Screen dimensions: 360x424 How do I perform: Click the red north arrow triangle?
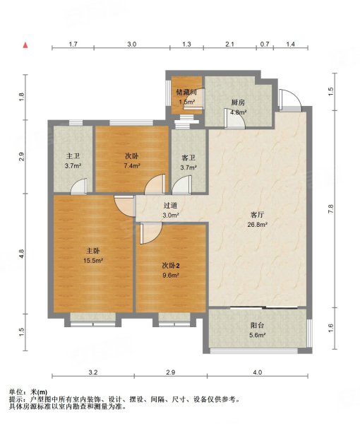[x=25, y=45]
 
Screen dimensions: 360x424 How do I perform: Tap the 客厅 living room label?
[x=257, y=215]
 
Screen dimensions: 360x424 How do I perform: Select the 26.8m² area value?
[x=258, y=224]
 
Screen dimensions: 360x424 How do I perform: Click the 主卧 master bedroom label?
[x=93, y=251]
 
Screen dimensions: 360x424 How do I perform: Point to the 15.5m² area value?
[x=93, y=261]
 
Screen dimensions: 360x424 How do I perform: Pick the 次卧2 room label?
[x=171, y=266]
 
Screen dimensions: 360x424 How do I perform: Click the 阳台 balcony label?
[x=257, y=326]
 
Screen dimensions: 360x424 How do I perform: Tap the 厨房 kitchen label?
[x=238, y=102]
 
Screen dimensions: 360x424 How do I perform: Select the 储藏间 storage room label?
[x=186, y=93]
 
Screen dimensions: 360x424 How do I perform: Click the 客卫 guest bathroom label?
[x=188, y=158]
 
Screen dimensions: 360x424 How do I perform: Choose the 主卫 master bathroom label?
[x=73, y=156]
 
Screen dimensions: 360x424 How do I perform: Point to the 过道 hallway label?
[x=171, y=206]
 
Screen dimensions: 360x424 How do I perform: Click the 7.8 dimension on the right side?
[x=331, y=208]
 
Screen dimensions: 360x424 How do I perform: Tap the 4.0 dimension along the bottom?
[x=258, y=372]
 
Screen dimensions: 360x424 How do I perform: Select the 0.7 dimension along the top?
[x=265, y=44]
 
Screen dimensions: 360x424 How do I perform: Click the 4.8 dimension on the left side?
[x=22, y=254]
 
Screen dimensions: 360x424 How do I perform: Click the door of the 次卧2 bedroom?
[x=151, y=233]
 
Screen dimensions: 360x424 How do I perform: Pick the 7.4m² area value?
[x=132, y=166]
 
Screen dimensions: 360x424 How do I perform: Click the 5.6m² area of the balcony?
[x=257, y=335]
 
